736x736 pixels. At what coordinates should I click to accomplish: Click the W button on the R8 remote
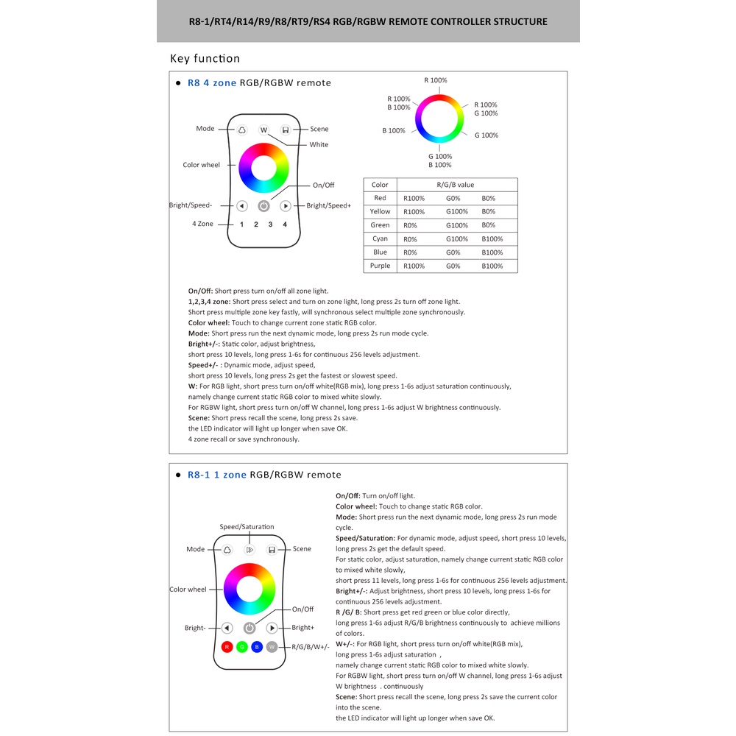point(263,130)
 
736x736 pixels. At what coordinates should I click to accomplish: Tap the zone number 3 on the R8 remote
point(270,224)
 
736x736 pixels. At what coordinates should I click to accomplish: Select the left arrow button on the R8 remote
point(241,206)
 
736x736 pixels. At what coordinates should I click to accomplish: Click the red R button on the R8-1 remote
point(227,647)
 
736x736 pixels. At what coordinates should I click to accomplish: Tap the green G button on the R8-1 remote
point(242,647)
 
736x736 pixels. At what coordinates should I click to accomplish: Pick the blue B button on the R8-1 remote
point(257,647)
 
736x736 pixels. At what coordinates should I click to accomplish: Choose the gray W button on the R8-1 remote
point(272,647)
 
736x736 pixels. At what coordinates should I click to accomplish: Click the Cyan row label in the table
point(380,238)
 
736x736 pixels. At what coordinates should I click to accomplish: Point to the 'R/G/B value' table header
point(456,185)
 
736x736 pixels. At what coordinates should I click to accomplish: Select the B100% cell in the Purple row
point(492,266)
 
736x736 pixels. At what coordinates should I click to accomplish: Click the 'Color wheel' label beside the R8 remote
point(201,165)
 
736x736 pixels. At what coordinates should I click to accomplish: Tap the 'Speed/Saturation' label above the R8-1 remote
point(247,527)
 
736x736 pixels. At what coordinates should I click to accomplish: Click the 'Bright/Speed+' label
point(328,206)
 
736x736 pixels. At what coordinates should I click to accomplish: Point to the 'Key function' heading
point(205,59)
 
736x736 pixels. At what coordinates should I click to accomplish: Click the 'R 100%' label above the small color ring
point(435,80)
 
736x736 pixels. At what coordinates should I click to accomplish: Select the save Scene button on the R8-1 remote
point(272,549)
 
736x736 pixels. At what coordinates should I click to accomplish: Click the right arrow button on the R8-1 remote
point(272,628)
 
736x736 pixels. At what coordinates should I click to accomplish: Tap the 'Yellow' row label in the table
point(380,211)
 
